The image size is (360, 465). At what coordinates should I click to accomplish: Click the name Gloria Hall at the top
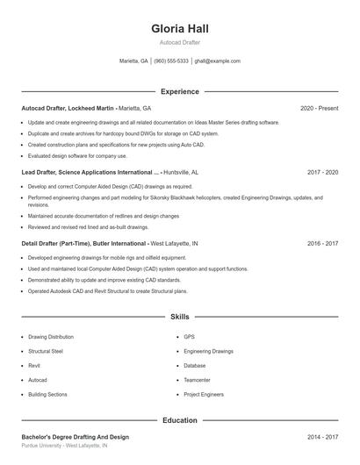[179, 29]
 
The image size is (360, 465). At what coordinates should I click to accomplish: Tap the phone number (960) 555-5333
[171, 61]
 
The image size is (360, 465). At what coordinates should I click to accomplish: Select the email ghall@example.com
[217, 61]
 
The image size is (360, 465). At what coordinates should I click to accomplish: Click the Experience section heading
[179, 91]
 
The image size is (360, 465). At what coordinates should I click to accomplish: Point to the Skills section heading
[179, 316]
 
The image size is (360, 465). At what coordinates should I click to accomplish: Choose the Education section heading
[179, 420]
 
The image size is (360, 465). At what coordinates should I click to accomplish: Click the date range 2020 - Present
[319, 108]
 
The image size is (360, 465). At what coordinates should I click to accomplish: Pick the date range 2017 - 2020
[322, 173]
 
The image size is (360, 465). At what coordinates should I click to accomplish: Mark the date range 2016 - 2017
[322, 243]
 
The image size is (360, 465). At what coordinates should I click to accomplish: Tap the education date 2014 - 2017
[322, 436]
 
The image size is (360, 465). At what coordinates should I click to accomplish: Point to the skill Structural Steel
[46, 351]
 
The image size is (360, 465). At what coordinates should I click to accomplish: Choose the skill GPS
[189, 336]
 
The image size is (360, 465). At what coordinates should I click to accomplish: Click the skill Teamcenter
[197, 380]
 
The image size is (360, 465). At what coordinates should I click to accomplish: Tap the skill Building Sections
[47, 395]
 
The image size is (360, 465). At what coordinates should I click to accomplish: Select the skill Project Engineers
[204, 395]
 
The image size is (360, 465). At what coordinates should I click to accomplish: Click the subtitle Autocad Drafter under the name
[179, 42]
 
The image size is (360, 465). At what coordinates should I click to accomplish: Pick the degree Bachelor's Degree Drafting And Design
[75, 436]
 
